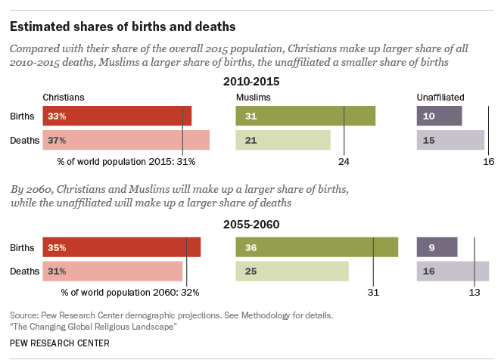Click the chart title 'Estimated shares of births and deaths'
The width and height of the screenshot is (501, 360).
pyautogui.click(x=122, y=26)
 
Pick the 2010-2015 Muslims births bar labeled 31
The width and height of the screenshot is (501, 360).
pyautogui.click(x=305, y=116)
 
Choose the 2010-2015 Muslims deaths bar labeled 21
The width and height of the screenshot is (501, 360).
pyautogui.click(x=283, y=140)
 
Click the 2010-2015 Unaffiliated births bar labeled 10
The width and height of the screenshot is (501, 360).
pyautogui.click(x=439, y=116)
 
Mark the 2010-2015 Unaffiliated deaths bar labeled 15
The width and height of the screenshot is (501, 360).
pyautogui.click(x=450, y=140)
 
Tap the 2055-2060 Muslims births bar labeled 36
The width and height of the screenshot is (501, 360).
pyautogui.click(x=316, y=247)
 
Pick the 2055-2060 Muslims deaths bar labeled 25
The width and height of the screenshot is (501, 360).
pyautogui.click(x=291, y=271)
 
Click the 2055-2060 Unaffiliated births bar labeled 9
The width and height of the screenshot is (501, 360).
pyautogui.click(x=437, y=247)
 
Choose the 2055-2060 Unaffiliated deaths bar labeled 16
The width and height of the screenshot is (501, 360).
pyautogui.click(x=453, y=271)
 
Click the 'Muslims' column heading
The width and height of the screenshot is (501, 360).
pyautogui.click(x=253, y=98)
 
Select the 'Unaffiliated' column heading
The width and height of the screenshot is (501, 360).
pyautogui.click(x=440, y=98)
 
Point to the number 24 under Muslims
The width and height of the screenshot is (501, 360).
pyautogui.click(x=344, y=161)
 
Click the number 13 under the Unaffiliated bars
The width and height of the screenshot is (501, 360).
pyautogui.click(x=475, y=292)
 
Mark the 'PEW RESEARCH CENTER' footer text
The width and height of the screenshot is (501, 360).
pyautogui.click(x=60, y=343)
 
